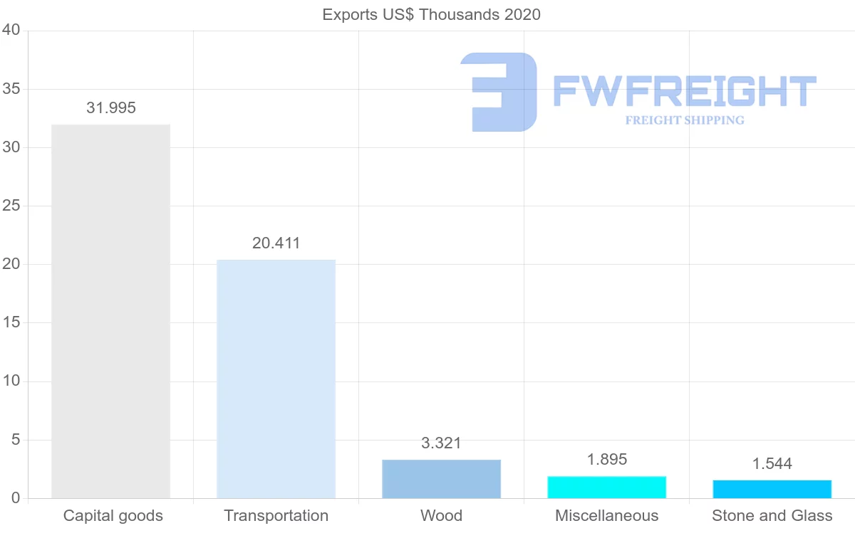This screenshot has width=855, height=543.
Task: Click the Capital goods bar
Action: [x=110, y=311]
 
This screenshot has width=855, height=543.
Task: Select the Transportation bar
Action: [x=276, y=379]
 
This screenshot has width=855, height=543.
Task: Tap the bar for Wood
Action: [x=441, y=479]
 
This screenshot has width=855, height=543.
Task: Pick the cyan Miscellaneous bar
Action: [x=606, y=487]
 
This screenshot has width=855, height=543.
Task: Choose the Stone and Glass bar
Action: [x=772, y=490]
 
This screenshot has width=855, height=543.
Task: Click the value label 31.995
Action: [x=110, y=108]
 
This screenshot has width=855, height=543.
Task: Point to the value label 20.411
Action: [x=276, y=243]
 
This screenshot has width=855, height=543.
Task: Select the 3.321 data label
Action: [x=441, y=443]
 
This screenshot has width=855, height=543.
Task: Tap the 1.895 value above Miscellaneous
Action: [x=606, y=460]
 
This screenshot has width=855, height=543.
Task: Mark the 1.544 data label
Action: [x=772, y=465]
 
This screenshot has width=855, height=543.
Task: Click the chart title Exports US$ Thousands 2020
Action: [x=431, y=14]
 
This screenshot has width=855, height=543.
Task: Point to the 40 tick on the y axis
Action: [x=11, y=30]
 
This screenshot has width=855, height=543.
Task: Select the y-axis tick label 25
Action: [x=11, y=206]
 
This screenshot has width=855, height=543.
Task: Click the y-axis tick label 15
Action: [x=11, y=323]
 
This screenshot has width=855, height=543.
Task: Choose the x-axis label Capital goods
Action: [x=113, y=516]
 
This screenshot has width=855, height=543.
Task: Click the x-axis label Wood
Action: [x=441, y=516]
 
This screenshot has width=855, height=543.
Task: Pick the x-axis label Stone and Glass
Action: [x=772, y=516]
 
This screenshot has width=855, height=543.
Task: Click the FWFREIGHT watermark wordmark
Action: [x=684, y=91]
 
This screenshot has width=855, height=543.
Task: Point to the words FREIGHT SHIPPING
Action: [x=684, y=120]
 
